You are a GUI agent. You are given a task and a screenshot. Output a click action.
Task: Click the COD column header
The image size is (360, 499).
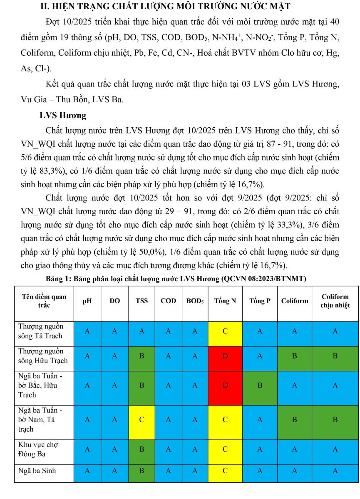168,301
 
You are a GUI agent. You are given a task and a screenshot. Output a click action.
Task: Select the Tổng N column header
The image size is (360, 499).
225,301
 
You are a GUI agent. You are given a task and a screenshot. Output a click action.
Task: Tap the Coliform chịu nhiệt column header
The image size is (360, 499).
335,301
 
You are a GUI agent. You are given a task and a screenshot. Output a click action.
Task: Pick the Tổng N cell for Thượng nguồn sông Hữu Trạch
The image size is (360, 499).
225,356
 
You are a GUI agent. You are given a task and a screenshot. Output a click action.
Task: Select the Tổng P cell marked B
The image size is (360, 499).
260,385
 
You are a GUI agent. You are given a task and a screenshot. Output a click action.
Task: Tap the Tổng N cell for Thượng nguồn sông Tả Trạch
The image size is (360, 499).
225,331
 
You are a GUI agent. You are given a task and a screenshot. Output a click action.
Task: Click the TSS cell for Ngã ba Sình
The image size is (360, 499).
142,471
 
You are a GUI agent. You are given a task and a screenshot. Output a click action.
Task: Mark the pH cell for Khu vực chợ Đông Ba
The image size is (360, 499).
87,449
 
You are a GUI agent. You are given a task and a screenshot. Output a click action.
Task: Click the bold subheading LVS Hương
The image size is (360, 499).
63,115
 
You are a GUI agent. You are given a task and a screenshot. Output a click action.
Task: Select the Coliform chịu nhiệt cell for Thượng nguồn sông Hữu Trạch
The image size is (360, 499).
335,356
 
